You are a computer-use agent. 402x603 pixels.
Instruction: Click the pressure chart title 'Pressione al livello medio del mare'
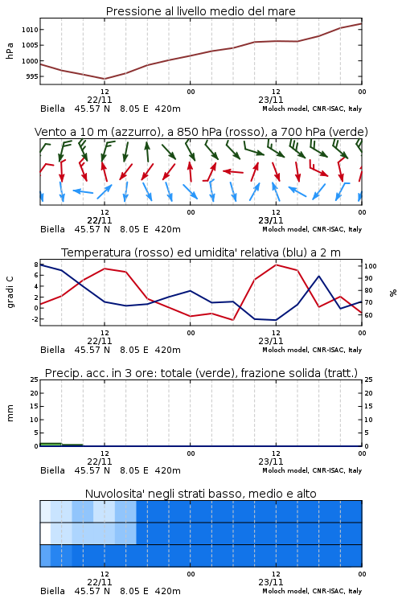point(200,11)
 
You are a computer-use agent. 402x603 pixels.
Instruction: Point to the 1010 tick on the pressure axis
point(30,30)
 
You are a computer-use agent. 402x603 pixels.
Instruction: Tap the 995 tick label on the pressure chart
point(32,76)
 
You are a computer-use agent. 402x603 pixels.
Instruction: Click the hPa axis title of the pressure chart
point(10,51)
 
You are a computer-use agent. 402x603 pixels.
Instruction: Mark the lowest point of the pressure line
point(105,79)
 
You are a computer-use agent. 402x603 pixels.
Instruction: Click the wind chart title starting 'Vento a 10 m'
point(201,132)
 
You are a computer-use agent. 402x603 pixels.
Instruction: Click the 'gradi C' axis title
point(10,292)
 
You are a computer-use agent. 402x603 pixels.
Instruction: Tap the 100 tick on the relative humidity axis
point(371,266)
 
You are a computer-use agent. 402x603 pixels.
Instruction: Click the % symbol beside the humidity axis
point(393,293)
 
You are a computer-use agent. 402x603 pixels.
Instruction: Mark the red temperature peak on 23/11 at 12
point(276,265)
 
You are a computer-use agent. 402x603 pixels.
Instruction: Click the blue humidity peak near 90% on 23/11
point(318,276)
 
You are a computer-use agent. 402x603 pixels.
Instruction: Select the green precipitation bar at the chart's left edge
point(51,445)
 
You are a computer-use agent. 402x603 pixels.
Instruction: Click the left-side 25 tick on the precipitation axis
point(34,379)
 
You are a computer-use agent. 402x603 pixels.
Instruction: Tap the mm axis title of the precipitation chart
point(10,413)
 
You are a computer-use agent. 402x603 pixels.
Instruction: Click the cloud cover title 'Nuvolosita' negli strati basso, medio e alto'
point(200,494)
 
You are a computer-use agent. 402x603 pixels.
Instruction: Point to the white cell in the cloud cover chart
point(45,534)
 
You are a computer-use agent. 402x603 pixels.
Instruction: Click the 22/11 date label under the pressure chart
point(99,100)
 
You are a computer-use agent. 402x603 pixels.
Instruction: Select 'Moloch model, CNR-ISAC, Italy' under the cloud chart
point(312,591)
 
